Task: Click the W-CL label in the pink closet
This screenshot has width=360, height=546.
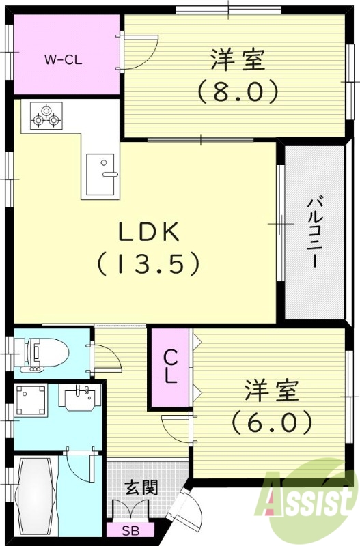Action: [x=63, y=59]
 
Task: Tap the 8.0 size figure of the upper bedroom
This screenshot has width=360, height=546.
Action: [x=237, y=90]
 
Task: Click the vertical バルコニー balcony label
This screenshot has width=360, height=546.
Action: [x=314, y=232]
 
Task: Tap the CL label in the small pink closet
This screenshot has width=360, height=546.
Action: [x=170, y=367]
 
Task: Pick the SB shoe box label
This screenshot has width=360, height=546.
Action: [x=129, y=530]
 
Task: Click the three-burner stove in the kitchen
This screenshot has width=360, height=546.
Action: [x=46, y=115]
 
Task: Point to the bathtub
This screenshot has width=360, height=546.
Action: [x=38, y=487]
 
